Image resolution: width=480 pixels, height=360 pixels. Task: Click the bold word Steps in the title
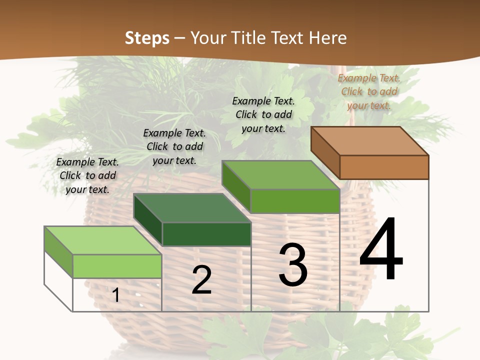pos(147,38)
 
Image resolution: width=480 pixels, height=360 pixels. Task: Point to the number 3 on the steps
pos(293,265)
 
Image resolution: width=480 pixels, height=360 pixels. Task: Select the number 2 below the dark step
pos(201,280)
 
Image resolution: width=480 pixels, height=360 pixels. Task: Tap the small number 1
pos(116,295)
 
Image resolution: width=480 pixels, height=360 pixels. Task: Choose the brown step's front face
pos(384,167)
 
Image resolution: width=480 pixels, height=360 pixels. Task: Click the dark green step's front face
pos(206,234)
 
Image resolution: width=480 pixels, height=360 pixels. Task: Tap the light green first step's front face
pos(117,266)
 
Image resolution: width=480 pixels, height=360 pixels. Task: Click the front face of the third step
pos(295,201)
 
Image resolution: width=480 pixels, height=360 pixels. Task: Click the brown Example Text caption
pos(369,91)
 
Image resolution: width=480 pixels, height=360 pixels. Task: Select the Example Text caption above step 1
pos(87,175)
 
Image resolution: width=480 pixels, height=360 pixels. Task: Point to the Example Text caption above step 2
pos(174,146)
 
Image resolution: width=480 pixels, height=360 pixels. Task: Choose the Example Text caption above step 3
pos(263,114)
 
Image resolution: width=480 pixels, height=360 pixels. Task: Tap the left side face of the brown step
pos(325,152)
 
